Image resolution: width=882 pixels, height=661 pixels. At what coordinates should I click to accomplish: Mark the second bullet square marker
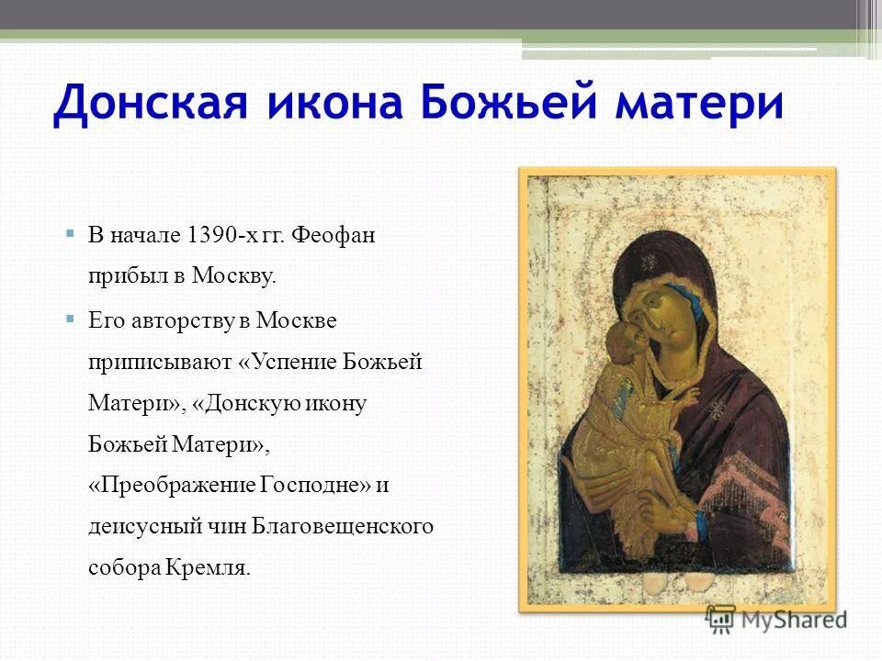(x=70, y=319)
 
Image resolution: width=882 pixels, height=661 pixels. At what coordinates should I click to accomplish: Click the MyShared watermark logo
(x=776, y=618)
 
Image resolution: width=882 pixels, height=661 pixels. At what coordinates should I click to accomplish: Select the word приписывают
(x=157, y=362)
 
